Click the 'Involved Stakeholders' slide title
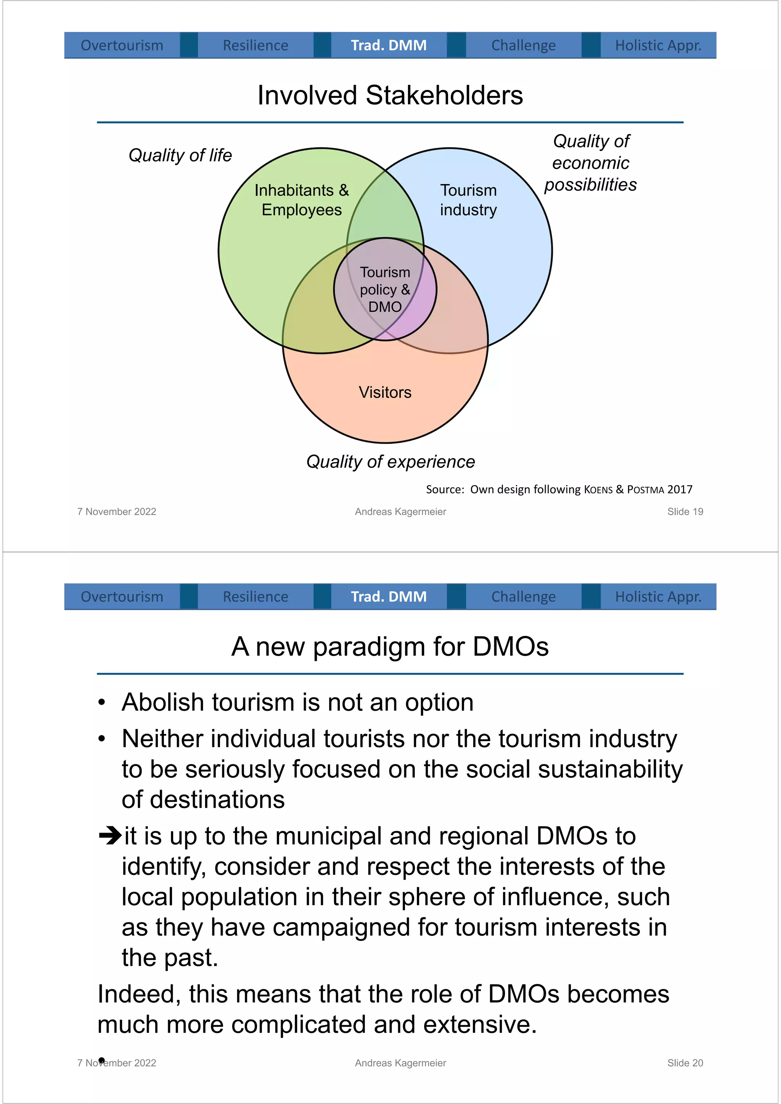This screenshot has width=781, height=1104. (x=390, y=95)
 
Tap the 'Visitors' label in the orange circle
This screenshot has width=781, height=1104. (x=385, y=393)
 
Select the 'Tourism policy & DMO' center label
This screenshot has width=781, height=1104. (x=385, y=290)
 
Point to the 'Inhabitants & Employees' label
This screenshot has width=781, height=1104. (x=302, y=200)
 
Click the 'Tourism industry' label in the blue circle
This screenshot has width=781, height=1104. (x=468, y=200)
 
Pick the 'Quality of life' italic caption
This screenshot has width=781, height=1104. (x=180, y=155)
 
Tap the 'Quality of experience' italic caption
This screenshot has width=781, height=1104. (x=390, y=461)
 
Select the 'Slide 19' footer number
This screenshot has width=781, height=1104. (x=685, y=512)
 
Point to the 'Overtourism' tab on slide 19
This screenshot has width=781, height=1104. (x=122, y=45)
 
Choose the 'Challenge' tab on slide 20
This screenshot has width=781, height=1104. (x=523, y=597)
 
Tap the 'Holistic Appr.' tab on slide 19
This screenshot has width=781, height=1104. (x=658, y=45)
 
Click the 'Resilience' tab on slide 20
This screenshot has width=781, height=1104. (x=256, y=597)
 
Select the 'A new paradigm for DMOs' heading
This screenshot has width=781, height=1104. (x=390, y=647)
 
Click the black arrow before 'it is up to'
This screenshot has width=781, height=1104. (x=110, y=835)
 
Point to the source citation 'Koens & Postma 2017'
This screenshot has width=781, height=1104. (x=638, y=489)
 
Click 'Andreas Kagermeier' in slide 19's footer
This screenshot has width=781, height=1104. (x=400, y=512)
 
